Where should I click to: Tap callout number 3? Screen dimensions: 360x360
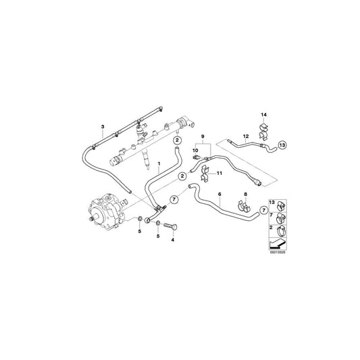pyautogui.click(x=102, y=126)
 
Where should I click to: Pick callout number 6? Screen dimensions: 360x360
pyautogui.click(x=220, y=194)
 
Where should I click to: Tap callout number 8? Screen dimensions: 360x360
pyautogui.click(x=245, y=194)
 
